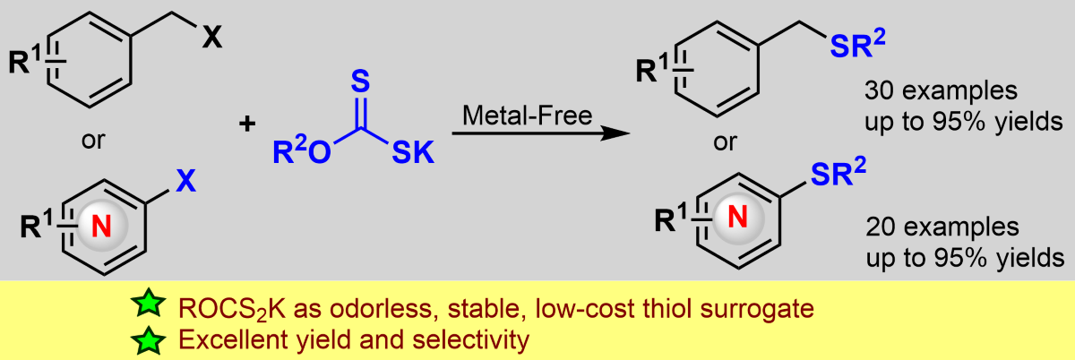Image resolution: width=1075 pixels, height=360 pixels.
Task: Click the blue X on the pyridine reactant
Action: [x=185, y=182]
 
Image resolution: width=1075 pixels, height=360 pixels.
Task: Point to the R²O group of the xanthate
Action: [x=300, y=155]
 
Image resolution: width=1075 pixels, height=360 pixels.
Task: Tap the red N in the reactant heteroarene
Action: [x=103, y=227]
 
